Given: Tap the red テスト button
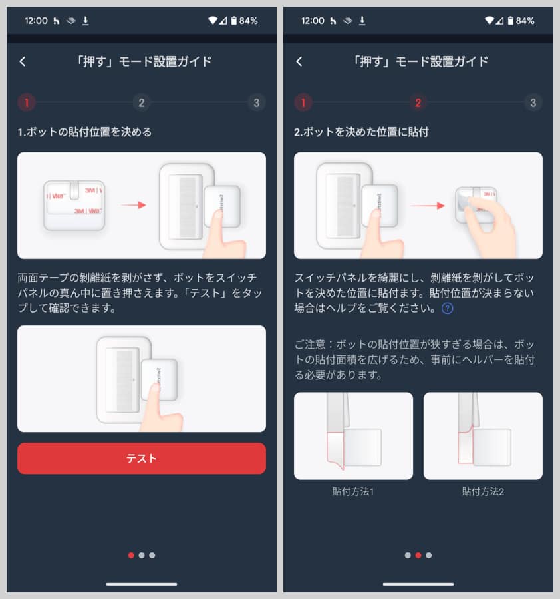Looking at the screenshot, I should click(x=141, y=459).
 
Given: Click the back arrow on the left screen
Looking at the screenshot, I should click(x=23, y=61).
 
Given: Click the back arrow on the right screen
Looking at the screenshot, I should click(x=299, y=61).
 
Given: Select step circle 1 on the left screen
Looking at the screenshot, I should click(x=27, y=102).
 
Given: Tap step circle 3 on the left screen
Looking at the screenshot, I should click(x=256, y=102).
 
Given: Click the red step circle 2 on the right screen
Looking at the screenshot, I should click(x=418, y=102).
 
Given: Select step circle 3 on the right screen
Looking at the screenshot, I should click(x=533, y=102).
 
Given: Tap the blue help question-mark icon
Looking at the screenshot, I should click(x=448, y=308).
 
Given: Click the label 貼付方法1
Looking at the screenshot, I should click(x=353, y=492).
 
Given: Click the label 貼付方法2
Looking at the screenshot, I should click(x=483, y=492).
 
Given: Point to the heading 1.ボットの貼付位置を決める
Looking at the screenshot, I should click(x=84, y=132).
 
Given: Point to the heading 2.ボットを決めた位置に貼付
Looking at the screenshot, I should click(x=361, y=132).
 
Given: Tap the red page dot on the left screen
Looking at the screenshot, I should click(x=131, y=555).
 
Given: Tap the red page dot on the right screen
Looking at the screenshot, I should click(x=418, y=555).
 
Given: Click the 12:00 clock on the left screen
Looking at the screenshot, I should click(x=36, y=21).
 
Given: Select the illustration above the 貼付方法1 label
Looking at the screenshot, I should click(x=353, y=435).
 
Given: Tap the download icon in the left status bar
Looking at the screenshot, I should click(x=85, y=21).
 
